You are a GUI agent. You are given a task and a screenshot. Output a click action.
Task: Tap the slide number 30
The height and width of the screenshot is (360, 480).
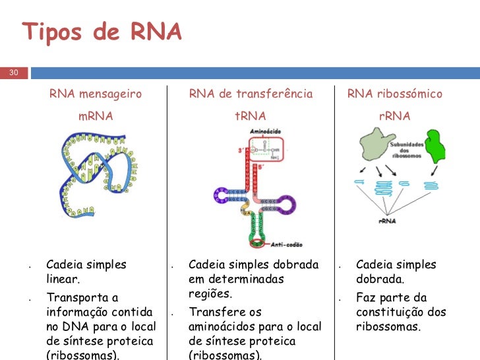click(13, 73)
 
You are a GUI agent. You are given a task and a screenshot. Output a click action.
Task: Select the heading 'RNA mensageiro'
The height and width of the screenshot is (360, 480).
click(96, 94)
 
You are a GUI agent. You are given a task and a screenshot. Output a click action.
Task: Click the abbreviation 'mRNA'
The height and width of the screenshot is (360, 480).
click(96, 117)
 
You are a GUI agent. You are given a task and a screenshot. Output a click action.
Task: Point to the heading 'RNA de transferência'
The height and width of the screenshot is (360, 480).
click(251, 94)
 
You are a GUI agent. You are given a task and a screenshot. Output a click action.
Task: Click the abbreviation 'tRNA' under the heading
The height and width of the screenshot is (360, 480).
click(251, 117)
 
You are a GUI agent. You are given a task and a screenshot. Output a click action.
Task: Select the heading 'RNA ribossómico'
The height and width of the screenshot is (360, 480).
click(395, 94)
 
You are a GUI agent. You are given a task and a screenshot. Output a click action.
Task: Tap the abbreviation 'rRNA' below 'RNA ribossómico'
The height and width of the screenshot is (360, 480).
click(395, 117)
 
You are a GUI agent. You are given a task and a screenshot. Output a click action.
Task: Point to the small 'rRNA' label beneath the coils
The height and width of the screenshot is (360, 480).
click(387, 222)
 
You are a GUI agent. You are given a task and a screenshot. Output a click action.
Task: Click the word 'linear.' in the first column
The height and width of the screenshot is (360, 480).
click(63, 280)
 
